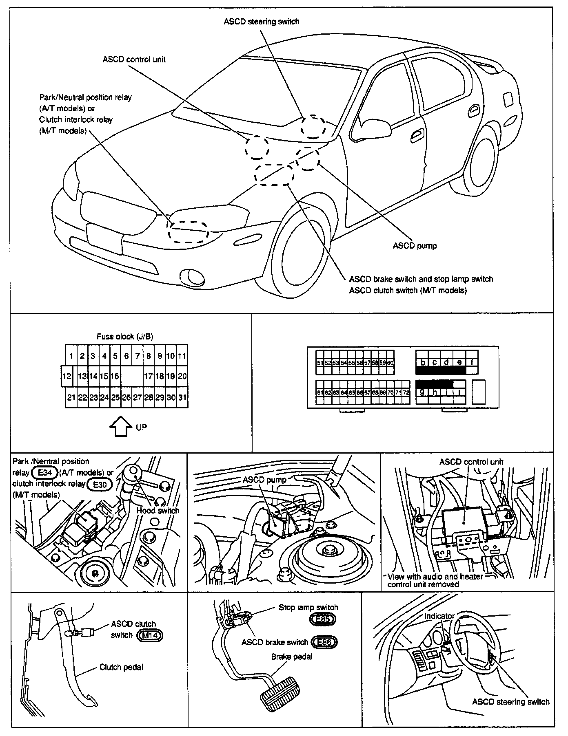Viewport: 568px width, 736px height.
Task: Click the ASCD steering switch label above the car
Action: click(261, 22)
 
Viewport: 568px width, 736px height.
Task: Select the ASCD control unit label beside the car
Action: click(134, 59)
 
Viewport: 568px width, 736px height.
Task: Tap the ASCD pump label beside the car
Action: click(415, 246)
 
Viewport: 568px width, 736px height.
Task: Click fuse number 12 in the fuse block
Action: click(67, 376)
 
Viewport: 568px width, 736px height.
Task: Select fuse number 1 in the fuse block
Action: click(71, 356)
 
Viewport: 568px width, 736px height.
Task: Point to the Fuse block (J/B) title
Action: click(125, 337)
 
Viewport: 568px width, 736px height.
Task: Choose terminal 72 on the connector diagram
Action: click(406, 392)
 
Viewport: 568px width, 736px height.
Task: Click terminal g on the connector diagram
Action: click(422, 392)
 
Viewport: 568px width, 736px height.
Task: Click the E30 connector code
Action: click(100, 484)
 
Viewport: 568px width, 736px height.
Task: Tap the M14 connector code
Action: click(150, 635)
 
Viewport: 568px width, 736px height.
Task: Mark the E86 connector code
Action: click(324, 643)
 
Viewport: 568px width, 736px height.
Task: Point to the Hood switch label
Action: click(158, 511)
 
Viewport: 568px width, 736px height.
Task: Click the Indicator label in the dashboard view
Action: click(439, 616)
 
